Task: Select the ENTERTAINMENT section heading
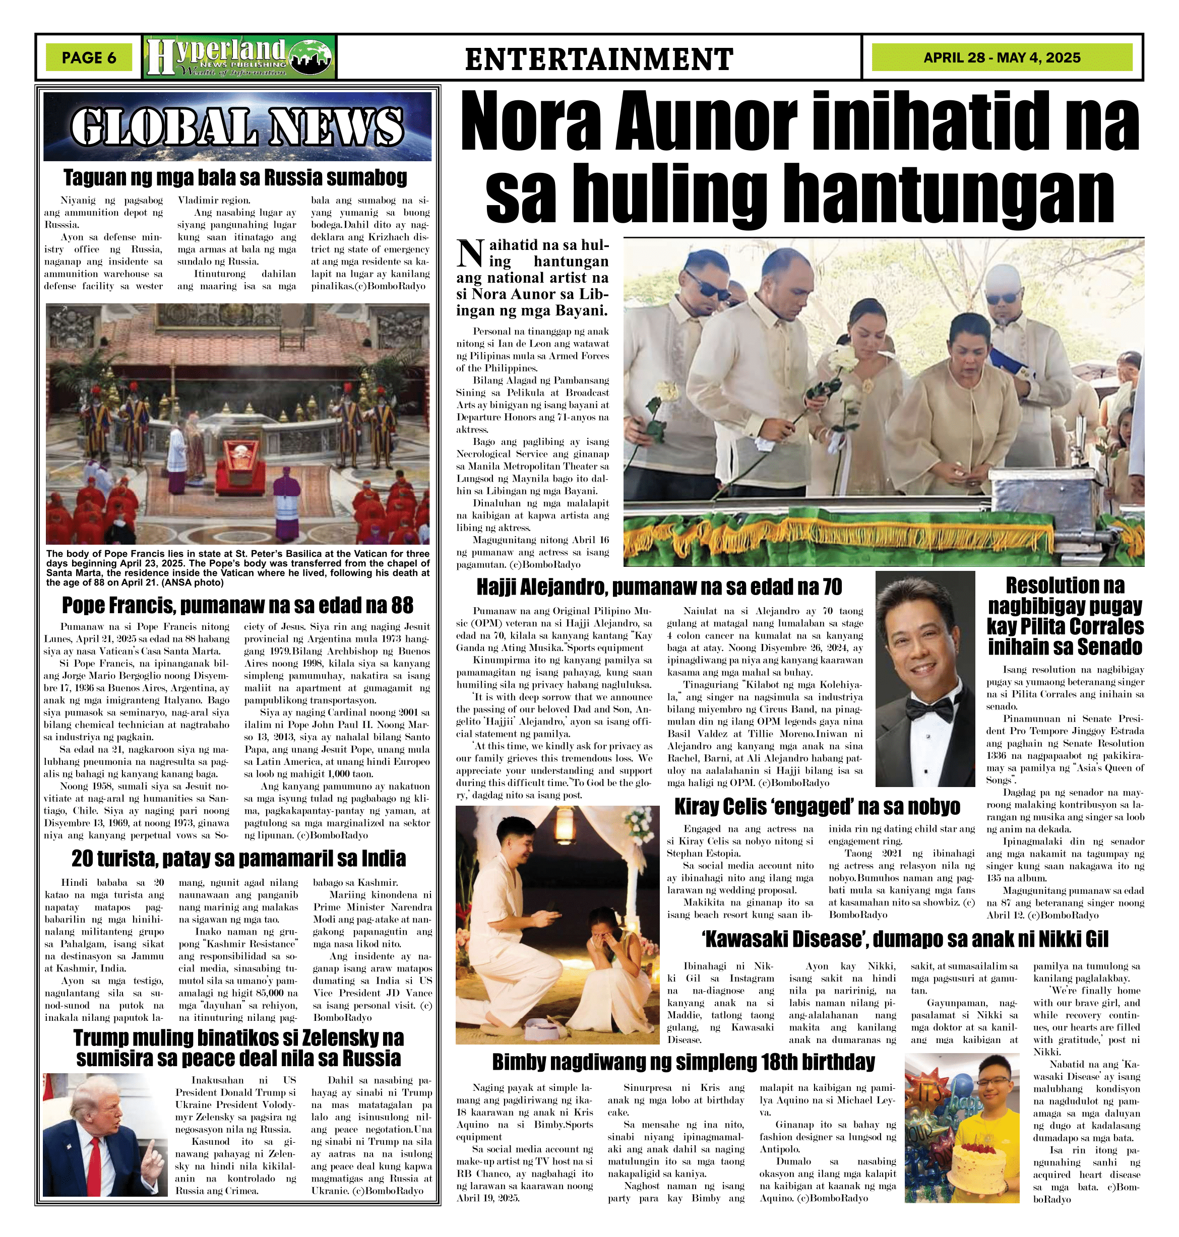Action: (x=598, y=59)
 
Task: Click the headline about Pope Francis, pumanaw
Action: (x=237, y=605)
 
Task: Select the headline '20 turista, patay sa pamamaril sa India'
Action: (x=237, y=858)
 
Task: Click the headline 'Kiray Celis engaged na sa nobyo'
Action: (x=817, y=807)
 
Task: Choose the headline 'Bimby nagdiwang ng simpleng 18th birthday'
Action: (x=683, y=1062)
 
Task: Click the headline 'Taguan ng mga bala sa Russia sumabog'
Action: (x=235, y=178)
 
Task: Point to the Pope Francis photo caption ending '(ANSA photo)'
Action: (x=237, y=568)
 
